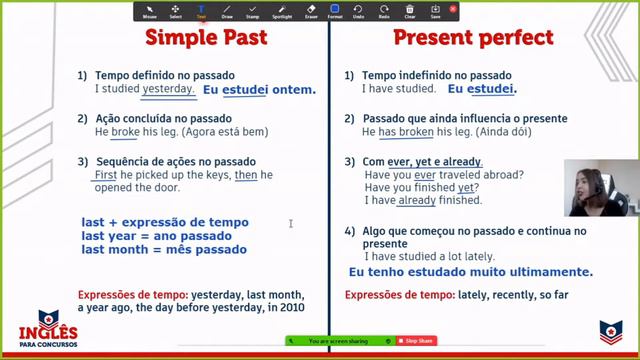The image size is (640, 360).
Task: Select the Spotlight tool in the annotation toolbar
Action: point(282,11)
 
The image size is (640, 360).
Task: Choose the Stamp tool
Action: point(253,11)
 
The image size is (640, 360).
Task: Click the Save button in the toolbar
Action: point(436,11)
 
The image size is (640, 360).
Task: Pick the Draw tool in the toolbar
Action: point(227,11)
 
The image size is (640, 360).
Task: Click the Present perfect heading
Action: point(472,38)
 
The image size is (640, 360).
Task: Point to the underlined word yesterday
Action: point(168,88)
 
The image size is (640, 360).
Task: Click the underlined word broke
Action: point(125,131)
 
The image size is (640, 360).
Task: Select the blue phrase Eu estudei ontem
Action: point(259,89)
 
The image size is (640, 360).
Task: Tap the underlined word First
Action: point(105,175)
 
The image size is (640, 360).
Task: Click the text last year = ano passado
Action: point(157,236)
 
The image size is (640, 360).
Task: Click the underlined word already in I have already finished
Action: point(417,200)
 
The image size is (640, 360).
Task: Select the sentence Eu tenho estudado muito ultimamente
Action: point(470,271)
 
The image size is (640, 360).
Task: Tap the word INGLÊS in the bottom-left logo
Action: point(48,333)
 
